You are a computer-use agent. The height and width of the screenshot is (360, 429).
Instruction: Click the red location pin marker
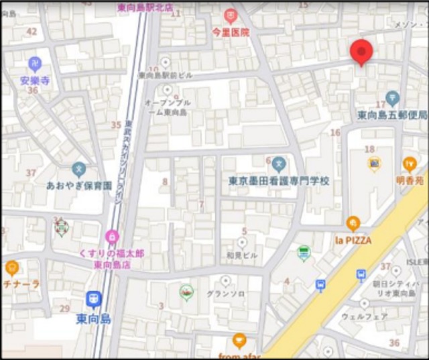tap(361, 51)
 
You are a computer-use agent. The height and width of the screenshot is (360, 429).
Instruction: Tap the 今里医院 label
tap(231, 32)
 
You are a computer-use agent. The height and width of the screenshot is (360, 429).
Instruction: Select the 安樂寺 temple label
tap(35, 80)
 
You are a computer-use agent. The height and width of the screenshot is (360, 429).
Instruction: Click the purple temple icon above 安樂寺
tap(35, 64)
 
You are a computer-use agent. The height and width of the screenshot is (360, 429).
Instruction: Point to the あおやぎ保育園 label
tap(78, 185)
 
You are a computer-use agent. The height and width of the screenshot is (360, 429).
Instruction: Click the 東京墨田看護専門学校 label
tap(279, 180)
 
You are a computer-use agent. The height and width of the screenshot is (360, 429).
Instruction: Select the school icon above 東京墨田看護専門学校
tap(279, 163)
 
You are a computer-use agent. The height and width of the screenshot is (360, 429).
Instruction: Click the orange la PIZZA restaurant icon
tap(353, 224)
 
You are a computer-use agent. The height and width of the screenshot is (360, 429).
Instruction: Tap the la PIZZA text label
tap(353, 240)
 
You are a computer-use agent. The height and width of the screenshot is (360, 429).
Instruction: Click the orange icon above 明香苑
tap(409, 164)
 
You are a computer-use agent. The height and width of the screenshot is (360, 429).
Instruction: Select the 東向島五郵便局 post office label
tap(392, 115)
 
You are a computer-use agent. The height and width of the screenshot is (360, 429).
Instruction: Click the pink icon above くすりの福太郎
tap(111, 236)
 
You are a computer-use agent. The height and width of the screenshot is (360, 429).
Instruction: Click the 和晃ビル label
tap(242, 255)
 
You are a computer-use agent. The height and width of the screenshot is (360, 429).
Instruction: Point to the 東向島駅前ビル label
tap(165, 76)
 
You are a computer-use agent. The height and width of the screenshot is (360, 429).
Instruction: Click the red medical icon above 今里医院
tap(231, 15)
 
